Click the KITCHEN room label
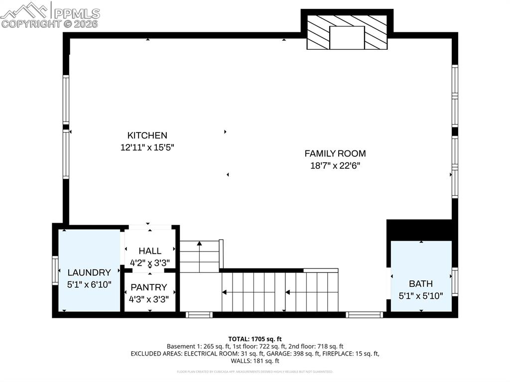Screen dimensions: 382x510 point(147,135)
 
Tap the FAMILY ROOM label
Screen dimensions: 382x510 point(335,153)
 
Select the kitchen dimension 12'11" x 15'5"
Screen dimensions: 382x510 point(147,147)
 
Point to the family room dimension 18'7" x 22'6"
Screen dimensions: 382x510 point(335,166)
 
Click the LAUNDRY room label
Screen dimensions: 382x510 point(89,272)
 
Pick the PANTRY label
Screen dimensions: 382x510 point(148,287)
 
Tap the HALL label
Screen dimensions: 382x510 point(149,251)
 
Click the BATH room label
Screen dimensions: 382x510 point(420,283)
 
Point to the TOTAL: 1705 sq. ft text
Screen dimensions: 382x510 point(255,339)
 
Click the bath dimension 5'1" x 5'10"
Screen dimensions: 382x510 point(420,295)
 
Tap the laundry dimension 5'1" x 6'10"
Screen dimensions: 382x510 point(89,284)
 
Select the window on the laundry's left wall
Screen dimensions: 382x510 point(55,270)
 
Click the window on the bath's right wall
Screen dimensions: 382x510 point(455,281)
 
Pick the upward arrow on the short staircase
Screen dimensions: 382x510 point(199,244)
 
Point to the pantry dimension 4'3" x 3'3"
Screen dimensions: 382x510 point(148,300)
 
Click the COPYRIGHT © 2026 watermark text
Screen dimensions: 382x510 point(50,23)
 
